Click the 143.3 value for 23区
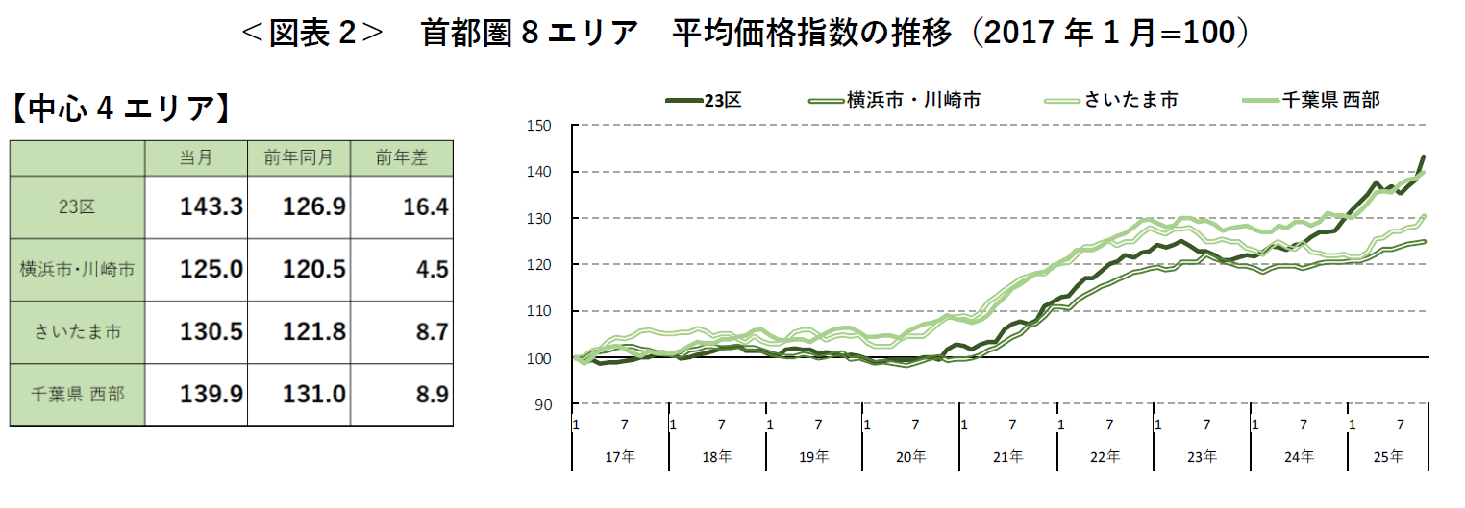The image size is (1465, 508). (x=211, y=206)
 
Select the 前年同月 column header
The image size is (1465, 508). (x=298, y=157)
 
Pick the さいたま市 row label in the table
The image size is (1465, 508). (x=77, y=331)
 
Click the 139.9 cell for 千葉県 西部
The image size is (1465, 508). (x=211, y=393)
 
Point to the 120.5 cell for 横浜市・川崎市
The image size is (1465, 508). (x=313, y=269)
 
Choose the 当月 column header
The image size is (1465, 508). (x=196, y=157)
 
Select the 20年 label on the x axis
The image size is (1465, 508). (x=911, y=457)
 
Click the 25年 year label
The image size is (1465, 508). (x=1389, y=457)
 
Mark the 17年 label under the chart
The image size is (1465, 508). (x=620, y=457)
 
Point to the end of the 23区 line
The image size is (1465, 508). (x=1424, y=156)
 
